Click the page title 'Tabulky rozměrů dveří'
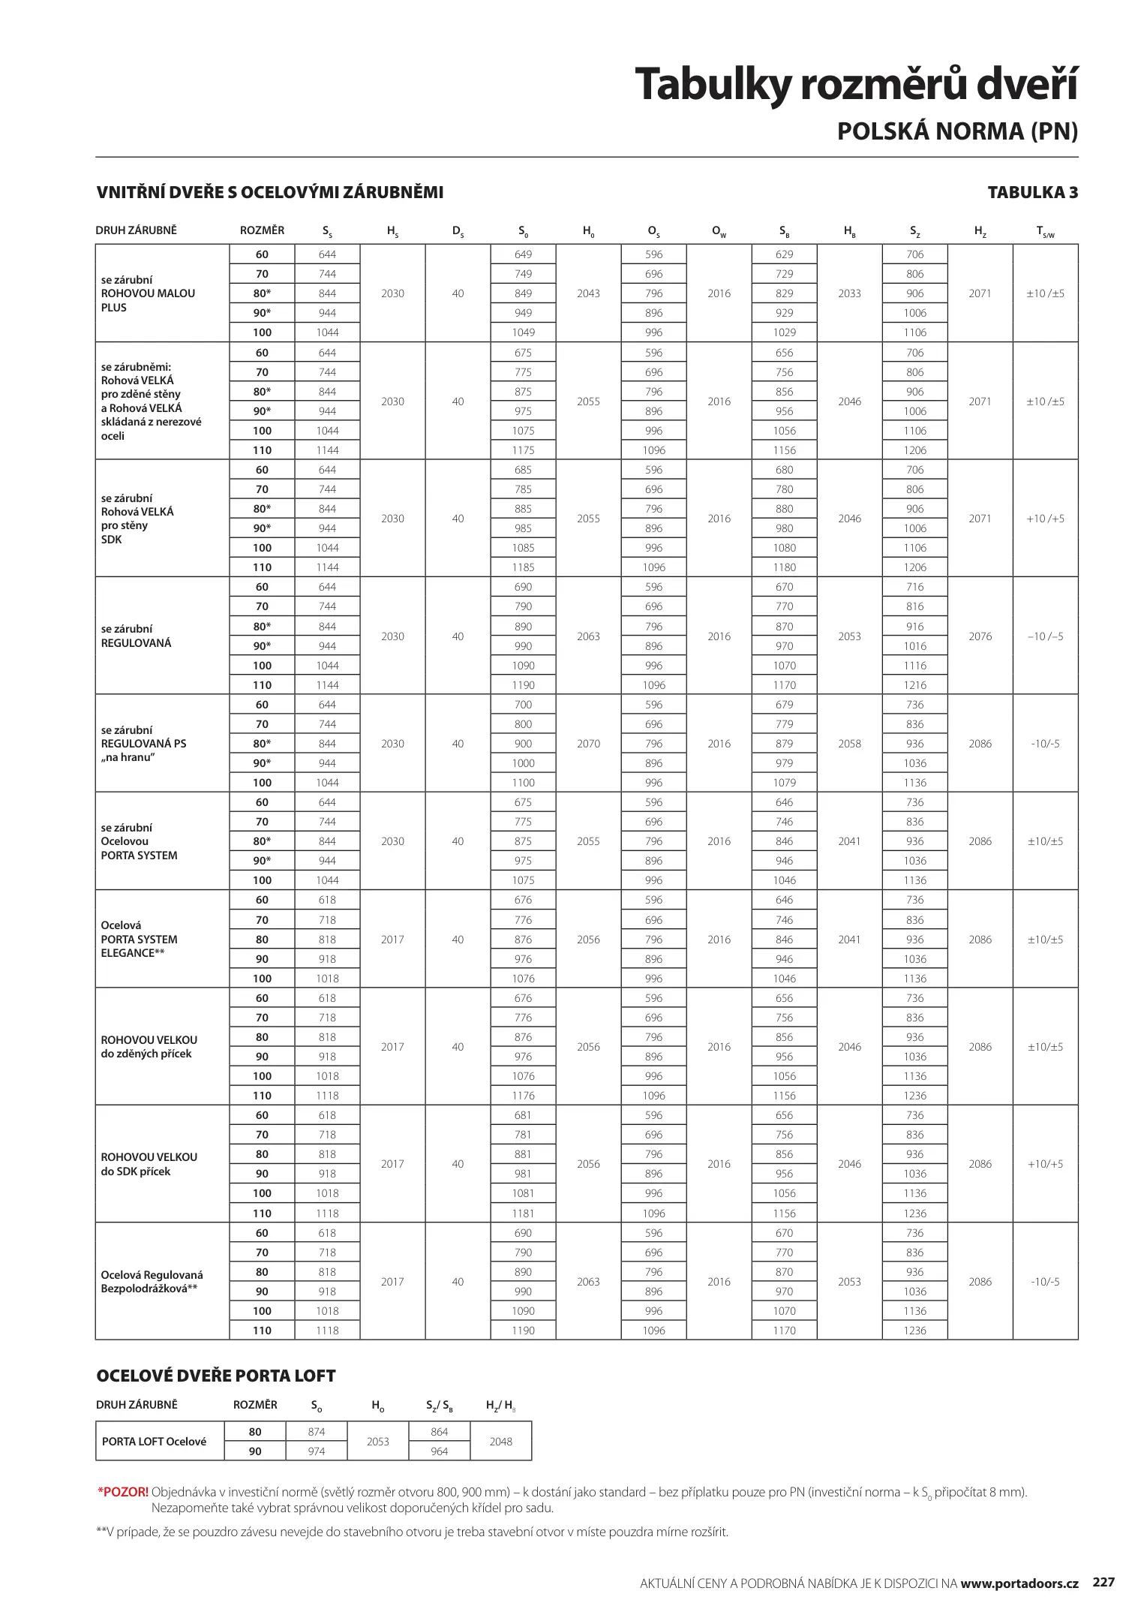click(855, 84)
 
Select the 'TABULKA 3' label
click(1032, 193)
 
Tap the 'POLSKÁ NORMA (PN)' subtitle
click(956, 131)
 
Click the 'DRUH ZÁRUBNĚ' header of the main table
click(137, 230)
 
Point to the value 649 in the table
click(523, 254)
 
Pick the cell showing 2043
click(588, 293)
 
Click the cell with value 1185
click(523, 567)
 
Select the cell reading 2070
click(588, 744)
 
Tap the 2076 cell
click(980, 636)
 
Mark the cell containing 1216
click(914, 685)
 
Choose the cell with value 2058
click(849, 744)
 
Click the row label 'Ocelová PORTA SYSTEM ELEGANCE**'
click(140, 939)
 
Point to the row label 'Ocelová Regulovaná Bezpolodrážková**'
click(152, 1282)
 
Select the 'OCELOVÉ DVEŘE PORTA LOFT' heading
click(216, 1376)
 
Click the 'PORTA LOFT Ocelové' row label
click(154, 1441)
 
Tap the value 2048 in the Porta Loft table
click(500, 1441)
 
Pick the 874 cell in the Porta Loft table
click(317, 1431)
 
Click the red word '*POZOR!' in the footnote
click(123, 1492)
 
